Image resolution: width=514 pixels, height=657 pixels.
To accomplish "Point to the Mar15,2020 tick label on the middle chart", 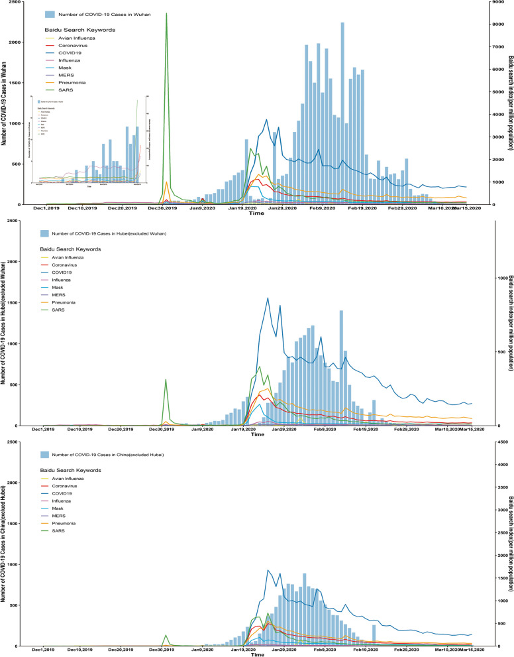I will point(471,431).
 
